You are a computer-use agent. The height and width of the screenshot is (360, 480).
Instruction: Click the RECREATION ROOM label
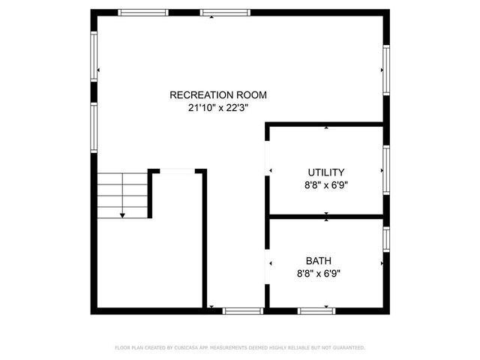(x=217, y=95)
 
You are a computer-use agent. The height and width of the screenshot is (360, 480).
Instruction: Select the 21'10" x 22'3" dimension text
(x=217, y=108)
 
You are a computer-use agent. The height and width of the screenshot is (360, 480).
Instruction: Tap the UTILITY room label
(x=326, y=172)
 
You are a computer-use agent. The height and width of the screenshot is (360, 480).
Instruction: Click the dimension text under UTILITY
(x=326, y=184)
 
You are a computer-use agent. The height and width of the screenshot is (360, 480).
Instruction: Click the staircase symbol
(x=122, y=193)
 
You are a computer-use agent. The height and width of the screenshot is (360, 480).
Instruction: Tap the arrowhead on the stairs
(x=122, y=215)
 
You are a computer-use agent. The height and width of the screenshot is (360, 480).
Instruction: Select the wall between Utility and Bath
(x=326, y=217)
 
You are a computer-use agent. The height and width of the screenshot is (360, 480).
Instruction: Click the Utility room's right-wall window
(x=385, y=171)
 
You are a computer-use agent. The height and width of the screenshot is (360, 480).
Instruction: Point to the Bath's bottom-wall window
(x=316, y=310)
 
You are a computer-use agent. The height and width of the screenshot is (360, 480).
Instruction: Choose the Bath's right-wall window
(x=385, y=238)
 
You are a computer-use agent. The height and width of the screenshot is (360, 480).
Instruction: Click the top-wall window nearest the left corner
(x=143, y=12)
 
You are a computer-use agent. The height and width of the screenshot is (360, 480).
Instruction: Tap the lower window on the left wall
(x=94, y=127)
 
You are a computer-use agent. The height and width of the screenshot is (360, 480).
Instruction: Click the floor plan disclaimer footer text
(x=240, y=347)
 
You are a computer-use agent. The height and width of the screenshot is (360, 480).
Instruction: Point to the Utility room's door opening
(x=268, y=157)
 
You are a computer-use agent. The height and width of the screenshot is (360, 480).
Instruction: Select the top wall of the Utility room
(x=326, y=125)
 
